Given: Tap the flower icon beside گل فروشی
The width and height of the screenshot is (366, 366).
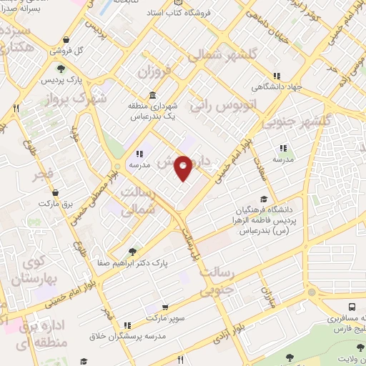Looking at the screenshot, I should [x=66, y=40].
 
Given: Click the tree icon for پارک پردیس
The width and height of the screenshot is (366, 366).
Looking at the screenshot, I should [x=61, y=69].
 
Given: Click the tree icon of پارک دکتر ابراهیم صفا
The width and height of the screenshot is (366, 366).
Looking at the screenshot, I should [x=132, y=252].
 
